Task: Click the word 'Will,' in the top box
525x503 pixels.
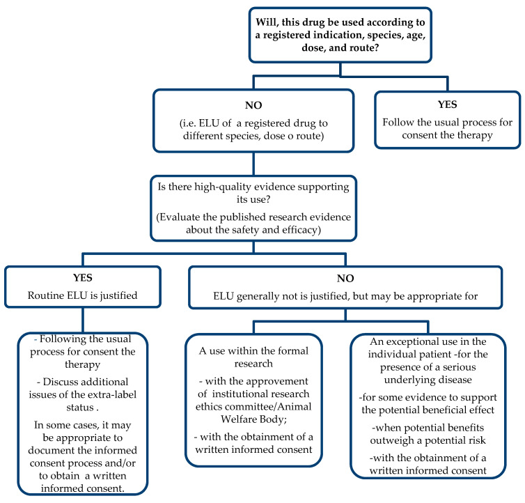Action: coord(267,23)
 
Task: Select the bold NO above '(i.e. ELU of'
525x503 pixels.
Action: coord(253,105)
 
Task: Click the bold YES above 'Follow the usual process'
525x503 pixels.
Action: coord(447,105)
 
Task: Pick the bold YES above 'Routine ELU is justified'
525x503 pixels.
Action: coord(83,278)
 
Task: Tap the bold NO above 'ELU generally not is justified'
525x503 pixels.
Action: coord(345,279)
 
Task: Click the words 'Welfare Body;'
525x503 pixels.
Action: coord(253,419)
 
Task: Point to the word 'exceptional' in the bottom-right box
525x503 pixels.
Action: coord(413,342)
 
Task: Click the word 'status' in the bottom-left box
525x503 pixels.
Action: coord(80,408)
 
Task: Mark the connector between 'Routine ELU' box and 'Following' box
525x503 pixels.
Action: coord(83,320)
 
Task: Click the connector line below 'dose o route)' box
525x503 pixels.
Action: coord(253,164)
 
